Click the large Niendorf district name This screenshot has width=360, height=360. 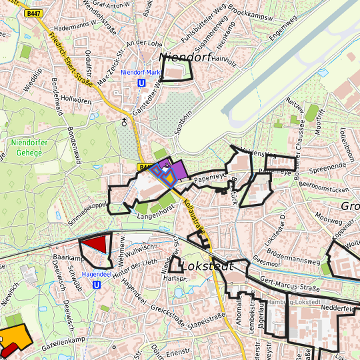click(185, 57)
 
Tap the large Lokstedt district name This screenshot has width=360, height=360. click(207, 266)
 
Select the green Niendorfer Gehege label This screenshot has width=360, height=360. click(29, 147)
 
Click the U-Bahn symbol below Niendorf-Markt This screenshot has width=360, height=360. click(141, 83)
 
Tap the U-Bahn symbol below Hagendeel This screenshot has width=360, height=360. click(97, 284)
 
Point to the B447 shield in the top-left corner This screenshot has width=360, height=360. click(32, 13)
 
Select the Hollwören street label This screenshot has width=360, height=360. click(75, 99)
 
